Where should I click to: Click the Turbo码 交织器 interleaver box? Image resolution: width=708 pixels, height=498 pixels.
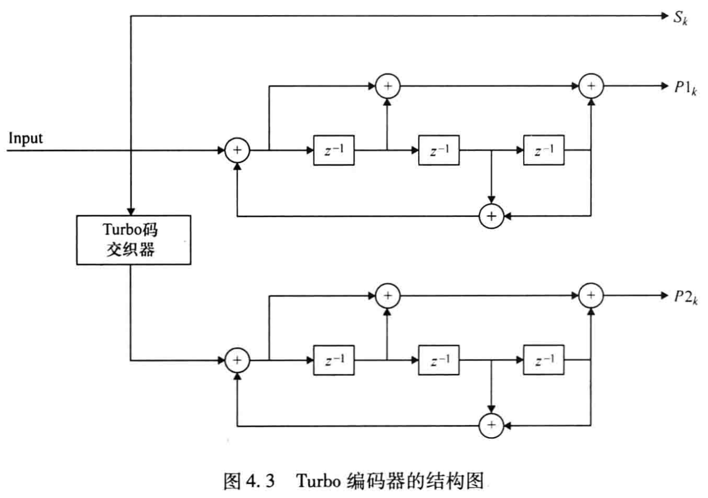coord(133,239)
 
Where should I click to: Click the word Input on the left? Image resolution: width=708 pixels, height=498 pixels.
coord(25,138)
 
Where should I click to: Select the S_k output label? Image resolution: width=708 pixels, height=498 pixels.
coord(680,17)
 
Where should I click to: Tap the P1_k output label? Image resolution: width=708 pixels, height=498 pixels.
coord(685,87)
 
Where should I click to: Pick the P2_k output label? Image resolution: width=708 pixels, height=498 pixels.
coord(685,297)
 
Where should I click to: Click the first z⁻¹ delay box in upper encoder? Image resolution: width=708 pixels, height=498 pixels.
coord(334,151)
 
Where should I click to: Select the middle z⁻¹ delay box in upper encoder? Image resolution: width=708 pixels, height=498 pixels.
coord(438,151)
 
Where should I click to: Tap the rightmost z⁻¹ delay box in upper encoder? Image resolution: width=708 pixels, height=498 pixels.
coord(543,151)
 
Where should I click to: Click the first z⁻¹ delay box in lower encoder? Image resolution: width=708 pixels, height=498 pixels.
coord(334,360)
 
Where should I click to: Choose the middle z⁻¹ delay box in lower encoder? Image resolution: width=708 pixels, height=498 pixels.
coord(438,360)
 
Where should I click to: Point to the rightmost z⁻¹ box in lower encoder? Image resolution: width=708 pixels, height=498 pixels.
coord(543,360)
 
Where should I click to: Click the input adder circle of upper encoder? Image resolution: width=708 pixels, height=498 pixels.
coord(237,151)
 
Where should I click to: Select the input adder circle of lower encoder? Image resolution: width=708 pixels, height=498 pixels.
coord(237,360)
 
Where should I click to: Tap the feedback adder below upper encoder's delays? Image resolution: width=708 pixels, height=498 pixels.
coord(491,216)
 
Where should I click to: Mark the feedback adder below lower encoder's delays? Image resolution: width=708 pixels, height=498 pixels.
coord(491,425)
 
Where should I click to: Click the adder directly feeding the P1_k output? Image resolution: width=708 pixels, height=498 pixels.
coord(591,86)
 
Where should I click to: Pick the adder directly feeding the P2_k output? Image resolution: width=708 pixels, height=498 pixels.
coord(591,296)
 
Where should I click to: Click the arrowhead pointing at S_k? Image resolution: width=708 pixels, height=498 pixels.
coord(665,16)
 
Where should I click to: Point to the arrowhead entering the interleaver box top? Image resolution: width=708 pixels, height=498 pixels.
coord(131,211)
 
